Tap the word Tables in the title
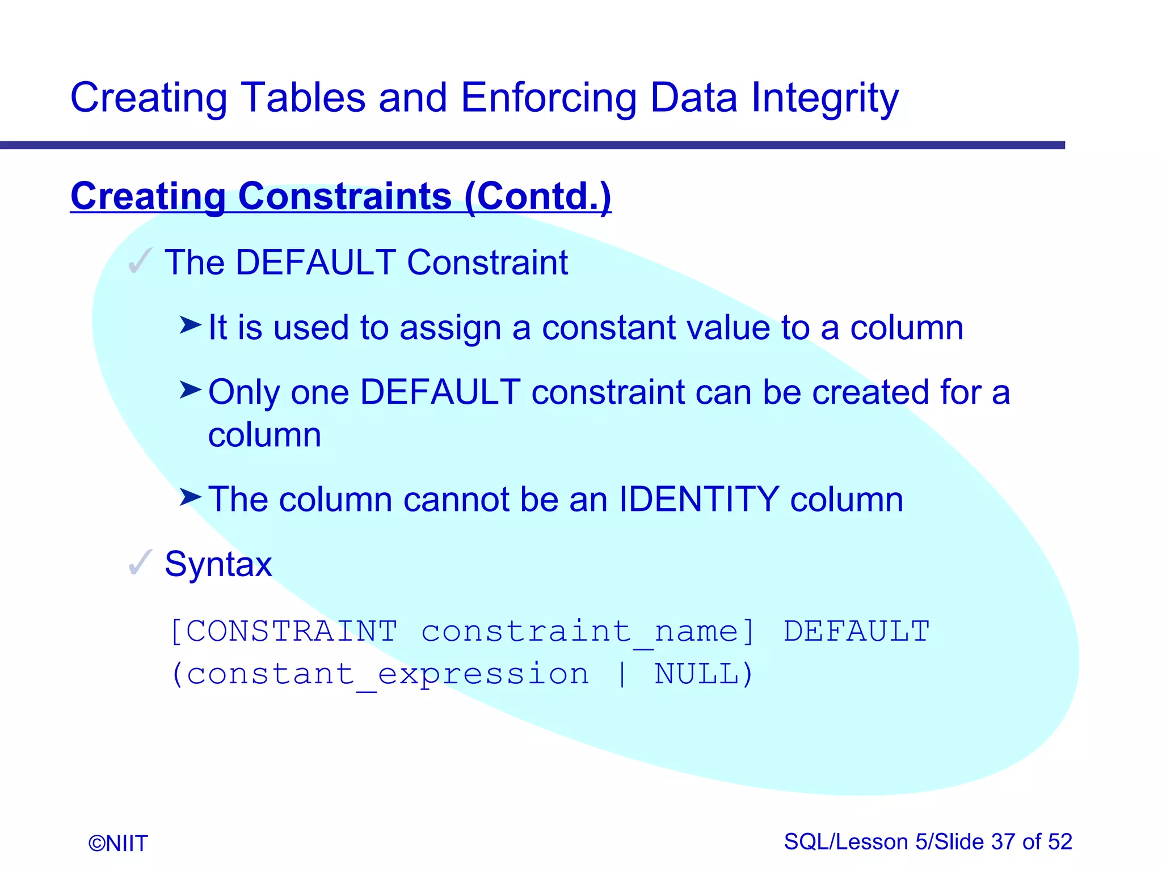(x=303, y=98)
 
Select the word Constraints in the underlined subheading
(x=344, y=196)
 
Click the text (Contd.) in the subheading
(x=537, y=196)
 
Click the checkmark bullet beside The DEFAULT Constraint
(x=140, y=261)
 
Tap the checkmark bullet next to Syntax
(x=140, y=563)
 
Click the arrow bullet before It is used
(x=190, y=325)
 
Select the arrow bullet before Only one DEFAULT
(x=190, y=390)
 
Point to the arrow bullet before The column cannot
(x=190, y=497)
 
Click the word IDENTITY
(x=698, y=500)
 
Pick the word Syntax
(x=218, y=564)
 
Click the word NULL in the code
(x=697, y=674)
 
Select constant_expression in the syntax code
(x=388, y=674)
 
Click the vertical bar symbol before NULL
(x=622, y=674)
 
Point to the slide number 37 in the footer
(x=1003, y=842)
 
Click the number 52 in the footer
(x=1060, y=842)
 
